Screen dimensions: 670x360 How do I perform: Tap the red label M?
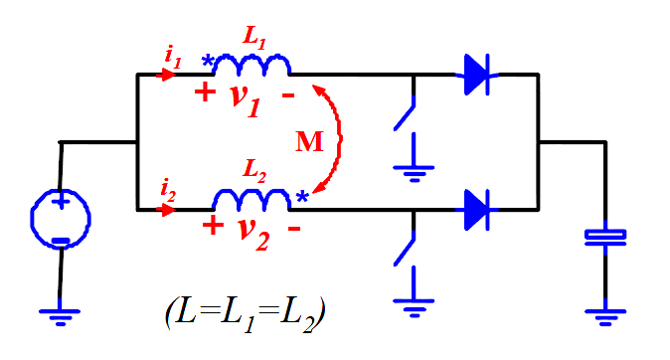tap(309, 141)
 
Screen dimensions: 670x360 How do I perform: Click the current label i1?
tap(173, 58)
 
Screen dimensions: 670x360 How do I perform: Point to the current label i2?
tap(168, 190)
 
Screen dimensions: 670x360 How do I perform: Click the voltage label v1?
tap(246, 99)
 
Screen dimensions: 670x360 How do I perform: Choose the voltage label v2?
tap(253, 234)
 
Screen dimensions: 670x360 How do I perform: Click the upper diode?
tap(477, 75)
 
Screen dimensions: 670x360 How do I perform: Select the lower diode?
tap(477, 210)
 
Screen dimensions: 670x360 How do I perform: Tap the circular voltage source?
tap(61, 219)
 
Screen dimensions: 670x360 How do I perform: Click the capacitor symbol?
tap(605, 238)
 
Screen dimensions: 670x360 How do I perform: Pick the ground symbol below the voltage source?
tap(60, 317)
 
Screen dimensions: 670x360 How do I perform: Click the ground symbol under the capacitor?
tap(605, 317)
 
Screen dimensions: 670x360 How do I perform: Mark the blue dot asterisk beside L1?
tap(208, 61)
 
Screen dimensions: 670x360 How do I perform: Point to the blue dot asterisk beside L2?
tap(302, 197)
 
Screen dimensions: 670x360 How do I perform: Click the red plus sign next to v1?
tap(205, 91)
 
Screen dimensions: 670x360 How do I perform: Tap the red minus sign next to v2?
tap(294, 229)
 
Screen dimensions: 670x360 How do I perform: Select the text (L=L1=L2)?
tap(246, 314)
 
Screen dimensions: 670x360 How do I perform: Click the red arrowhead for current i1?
tap(166, 76)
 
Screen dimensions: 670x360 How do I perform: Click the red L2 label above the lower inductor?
tap(254, 170)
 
